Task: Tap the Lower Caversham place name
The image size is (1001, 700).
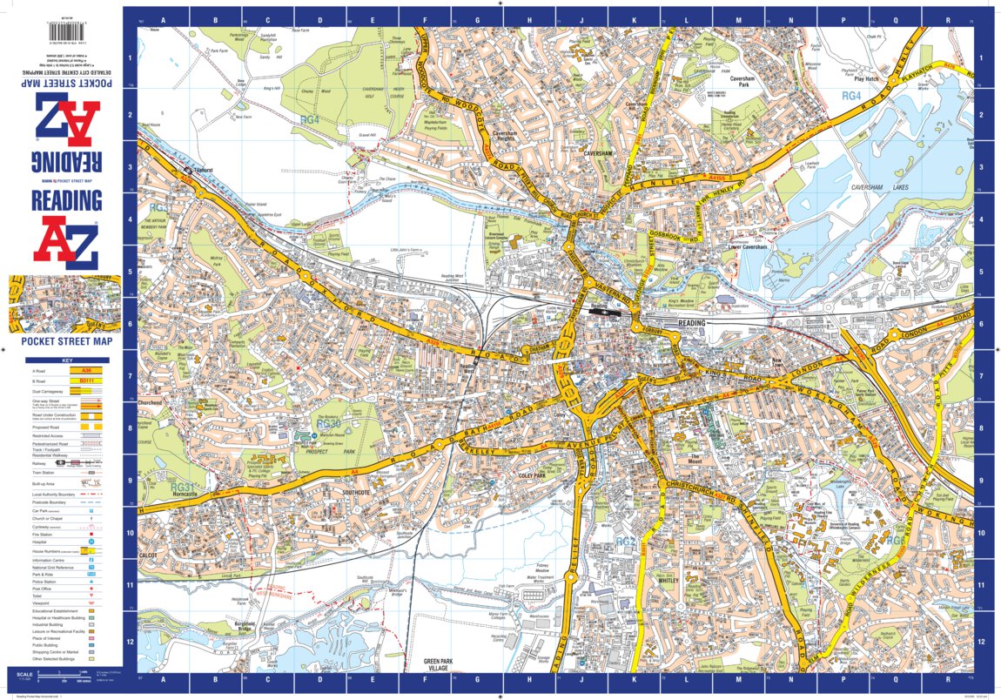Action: coord(748,247)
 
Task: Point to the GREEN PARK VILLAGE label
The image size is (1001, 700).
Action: coord(440,665)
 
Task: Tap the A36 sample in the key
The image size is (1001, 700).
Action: coord(84,370)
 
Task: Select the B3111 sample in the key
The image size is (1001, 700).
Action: coord(84,380)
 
